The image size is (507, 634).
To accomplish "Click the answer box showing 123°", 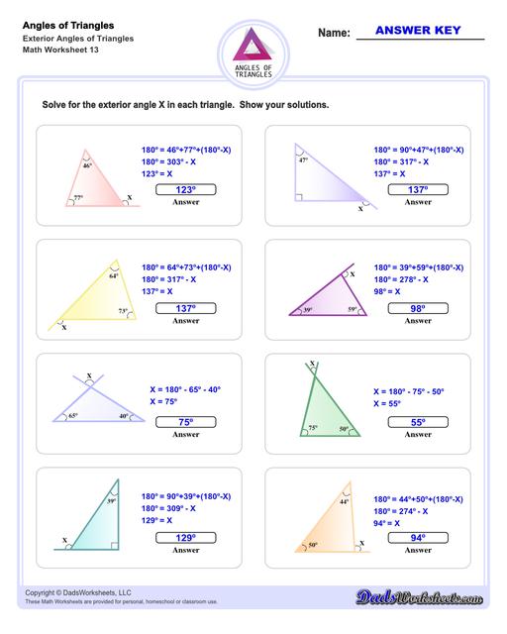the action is click(185, 189).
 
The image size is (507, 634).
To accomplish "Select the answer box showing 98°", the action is click(419, 308).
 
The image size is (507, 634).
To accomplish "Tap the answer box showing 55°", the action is click(419, 422).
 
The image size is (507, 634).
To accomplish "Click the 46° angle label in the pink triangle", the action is click(87, 165).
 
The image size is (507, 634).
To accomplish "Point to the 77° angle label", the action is click(78, 198).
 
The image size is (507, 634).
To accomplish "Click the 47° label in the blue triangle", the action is click(302, 158).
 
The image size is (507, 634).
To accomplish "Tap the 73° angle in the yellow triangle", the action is click(123, 311).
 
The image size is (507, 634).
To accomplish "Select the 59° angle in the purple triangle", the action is click(351, 310).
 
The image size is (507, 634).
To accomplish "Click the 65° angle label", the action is click(73, 417).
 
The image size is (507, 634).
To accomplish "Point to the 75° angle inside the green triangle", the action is click(313, 428).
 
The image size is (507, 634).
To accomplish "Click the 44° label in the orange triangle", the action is click(345, 502).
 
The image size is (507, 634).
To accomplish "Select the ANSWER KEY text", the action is click(420, 31).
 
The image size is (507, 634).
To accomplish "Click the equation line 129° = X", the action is click(164, 519).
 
